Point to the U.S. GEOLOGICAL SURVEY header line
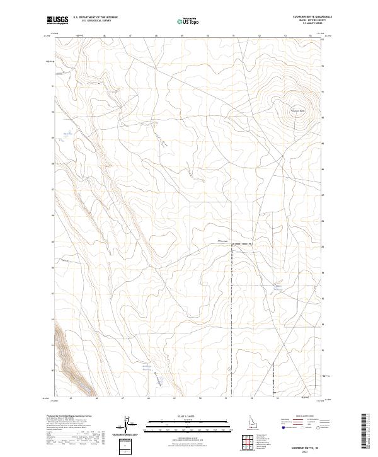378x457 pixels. click(95, 21)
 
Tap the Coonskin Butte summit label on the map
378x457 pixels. click(297, 112)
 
